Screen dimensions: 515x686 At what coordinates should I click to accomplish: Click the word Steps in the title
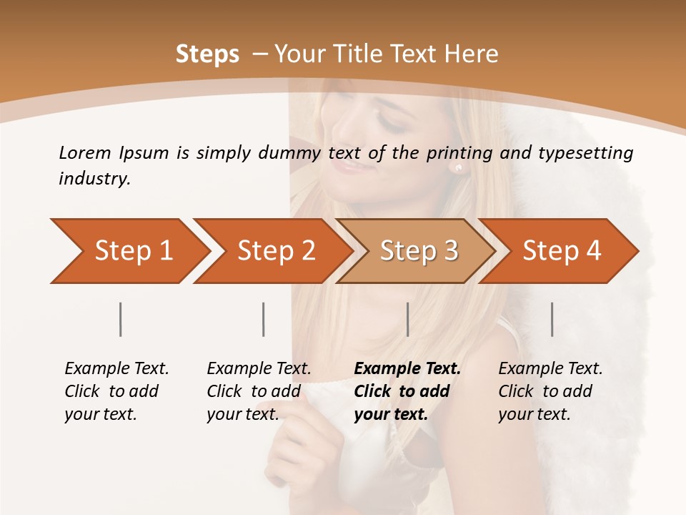[x=207, y=54]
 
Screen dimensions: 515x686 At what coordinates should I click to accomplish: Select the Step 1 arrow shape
[x=129, y=251]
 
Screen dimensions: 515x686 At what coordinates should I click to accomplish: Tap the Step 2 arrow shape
[x=275, y=251]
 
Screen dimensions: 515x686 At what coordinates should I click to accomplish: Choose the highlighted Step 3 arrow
[x=418, y=251]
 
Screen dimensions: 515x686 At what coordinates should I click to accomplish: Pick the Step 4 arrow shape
[x=561, y=251]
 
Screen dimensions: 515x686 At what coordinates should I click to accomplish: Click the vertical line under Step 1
[x=121, y=319]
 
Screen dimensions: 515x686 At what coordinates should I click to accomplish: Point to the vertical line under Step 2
[x=264, y=319]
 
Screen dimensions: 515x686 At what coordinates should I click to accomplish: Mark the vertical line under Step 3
[x=407, y=319]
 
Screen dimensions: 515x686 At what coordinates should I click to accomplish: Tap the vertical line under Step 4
[x=552, y=319]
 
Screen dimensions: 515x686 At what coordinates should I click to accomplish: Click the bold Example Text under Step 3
[x=407, y=369]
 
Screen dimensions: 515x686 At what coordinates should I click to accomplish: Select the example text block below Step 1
[x=116, y=391]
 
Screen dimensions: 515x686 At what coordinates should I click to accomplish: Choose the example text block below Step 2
[x=259, y=391]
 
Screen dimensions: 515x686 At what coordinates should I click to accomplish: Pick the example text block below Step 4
[x=550, y=391]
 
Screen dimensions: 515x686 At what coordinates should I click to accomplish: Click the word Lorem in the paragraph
[x=85, y=152]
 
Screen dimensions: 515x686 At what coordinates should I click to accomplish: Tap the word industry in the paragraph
[x=94, y=179]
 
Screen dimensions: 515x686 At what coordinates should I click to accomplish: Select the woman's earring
[x=458, y=168]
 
